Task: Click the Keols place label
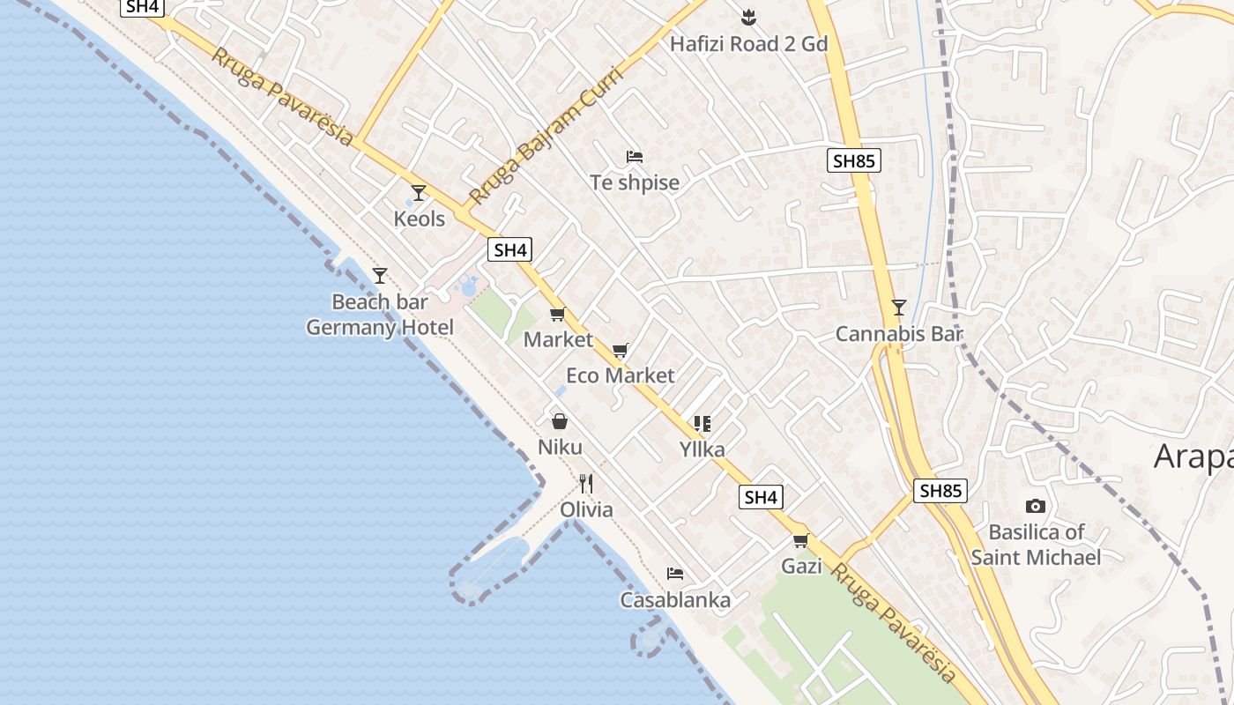click(x=420, y=219)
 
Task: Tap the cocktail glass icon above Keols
click(x=419, y=192)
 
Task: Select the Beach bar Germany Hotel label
click(x=380, y=315)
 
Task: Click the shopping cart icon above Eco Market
click(x=620, y=351)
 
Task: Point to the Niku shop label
click(x=560, y=447)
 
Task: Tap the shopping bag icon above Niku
click(x=559, y=421)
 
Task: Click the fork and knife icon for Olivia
click(x=586, y=483)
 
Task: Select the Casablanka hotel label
click(x=675, y=600)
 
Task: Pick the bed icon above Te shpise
click(x=634, y=157)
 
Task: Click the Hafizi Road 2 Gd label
click(x=749, y=43)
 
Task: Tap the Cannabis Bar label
click(x=899, y=334)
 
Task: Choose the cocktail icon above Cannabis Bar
click(x=898, y=308)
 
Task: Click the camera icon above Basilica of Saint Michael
click(x=1036, y=506)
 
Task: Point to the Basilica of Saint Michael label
click(x=1036, y=545)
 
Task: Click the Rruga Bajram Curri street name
click(x=546, y=134)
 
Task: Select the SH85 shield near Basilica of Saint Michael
click(x=940, y=491)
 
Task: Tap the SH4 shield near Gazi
click(x=761, y=497)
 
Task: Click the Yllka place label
click(x=702, y=449)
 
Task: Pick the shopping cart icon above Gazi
click(x=800, y=540)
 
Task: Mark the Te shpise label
click(x=635, y=182)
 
